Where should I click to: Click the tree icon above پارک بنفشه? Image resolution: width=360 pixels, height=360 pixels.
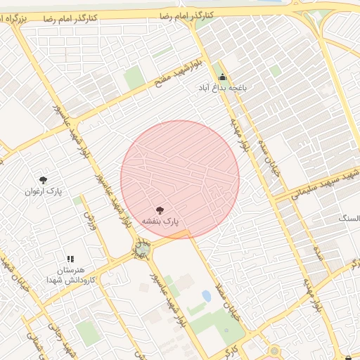[159, 210]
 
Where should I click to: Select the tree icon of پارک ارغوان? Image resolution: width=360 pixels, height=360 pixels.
[44, 180]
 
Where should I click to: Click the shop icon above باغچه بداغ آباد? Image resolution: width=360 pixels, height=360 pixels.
[223, 78]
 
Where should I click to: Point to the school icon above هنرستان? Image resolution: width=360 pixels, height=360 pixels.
[70, 259]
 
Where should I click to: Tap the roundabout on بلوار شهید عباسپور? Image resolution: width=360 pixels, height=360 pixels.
[143, 250]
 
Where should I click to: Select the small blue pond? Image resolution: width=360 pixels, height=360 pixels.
[206, 297]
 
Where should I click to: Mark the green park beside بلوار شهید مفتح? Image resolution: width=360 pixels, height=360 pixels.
[134, 78]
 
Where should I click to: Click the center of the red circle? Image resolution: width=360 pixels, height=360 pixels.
[180, 179]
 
